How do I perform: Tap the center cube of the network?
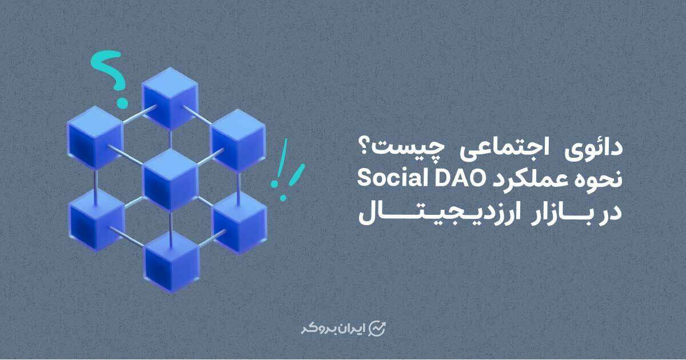coord(170,181)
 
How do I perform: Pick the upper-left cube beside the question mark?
coord(95,138)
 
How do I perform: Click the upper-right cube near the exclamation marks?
coord(238,141)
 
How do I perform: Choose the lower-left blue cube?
coord(97,221)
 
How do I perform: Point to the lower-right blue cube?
coord(240,224)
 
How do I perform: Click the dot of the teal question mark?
coord(122,103)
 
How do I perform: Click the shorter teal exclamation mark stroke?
coord(296,176)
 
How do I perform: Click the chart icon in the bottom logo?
coord(377,329)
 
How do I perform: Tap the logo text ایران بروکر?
coord(333,329)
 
